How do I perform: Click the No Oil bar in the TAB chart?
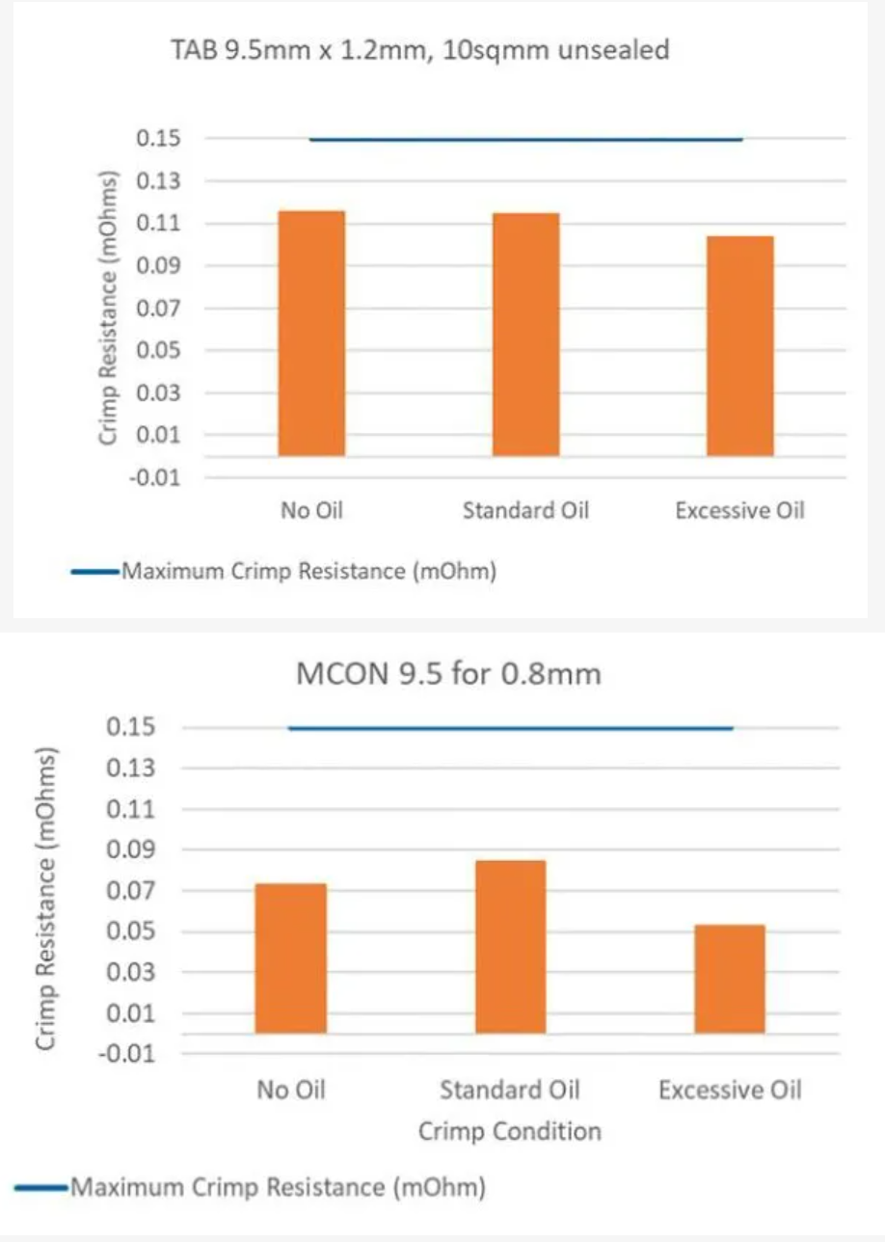pos(311,333)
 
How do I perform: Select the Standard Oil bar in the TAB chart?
pos(525,334)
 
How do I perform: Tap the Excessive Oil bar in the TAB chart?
pos(739,345)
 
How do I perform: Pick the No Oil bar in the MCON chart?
pos(290,958)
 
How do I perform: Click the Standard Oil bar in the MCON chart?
pos(510,946)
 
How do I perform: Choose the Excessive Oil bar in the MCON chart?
pos(730,978)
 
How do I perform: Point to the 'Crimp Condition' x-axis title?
pos(509,1130)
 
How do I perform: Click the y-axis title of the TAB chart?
pos(109,309)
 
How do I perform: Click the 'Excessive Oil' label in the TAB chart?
pos(739,510)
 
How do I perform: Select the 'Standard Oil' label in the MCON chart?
pos(510,1091)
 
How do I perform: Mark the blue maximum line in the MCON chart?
pos(510,728)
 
